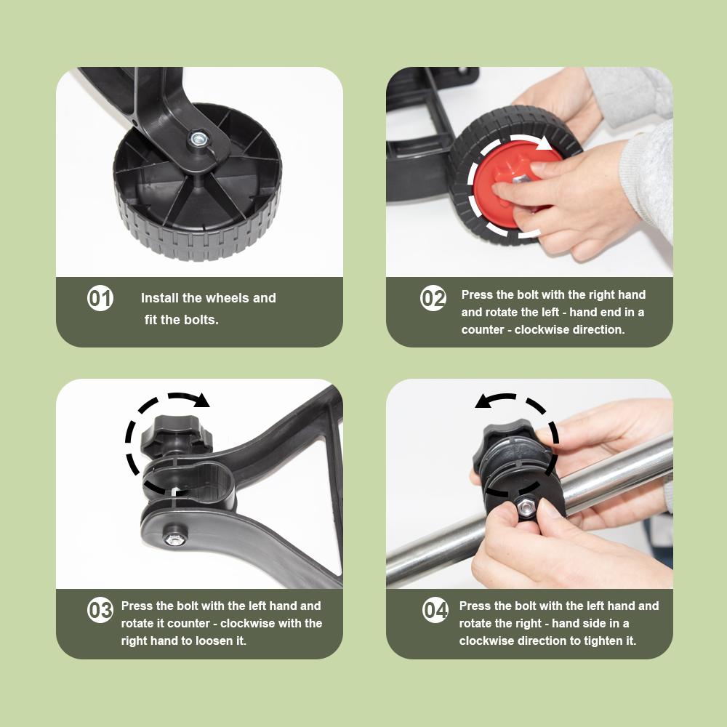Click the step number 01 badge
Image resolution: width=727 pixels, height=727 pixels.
100,299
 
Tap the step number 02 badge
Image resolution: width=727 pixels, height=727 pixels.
433,299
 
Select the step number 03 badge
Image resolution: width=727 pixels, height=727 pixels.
100,610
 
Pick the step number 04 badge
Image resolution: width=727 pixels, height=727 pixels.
435,610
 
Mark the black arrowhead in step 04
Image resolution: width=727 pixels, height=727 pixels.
482,401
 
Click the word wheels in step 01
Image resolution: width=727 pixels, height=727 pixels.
227,298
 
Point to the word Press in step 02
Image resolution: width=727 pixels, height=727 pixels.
477,294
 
